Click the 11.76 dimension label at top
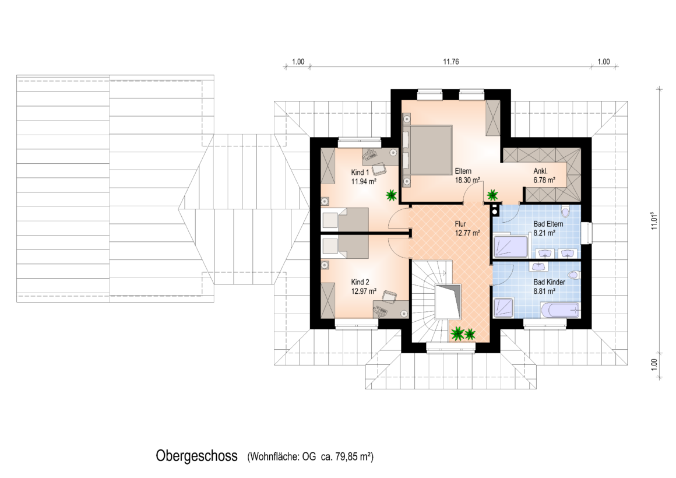[451, 62]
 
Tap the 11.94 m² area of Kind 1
[364, 182]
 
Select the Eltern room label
[463, 171]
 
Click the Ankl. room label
[540, 171]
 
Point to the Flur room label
[460, 224]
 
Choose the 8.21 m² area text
[544, 233]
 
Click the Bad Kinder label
[549, 282]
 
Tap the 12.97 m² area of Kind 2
[364, 291]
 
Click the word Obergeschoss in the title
[196, 456]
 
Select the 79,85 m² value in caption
[354, 456]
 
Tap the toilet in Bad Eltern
[566, 212]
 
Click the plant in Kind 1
[392, 195]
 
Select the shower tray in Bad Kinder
[503, 308]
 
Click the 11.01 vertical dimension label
[654, 220]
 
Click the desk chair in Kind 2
[389, 296]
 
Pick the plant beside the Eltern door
[492, 195]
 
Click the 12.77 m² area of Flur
[467, 233]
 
